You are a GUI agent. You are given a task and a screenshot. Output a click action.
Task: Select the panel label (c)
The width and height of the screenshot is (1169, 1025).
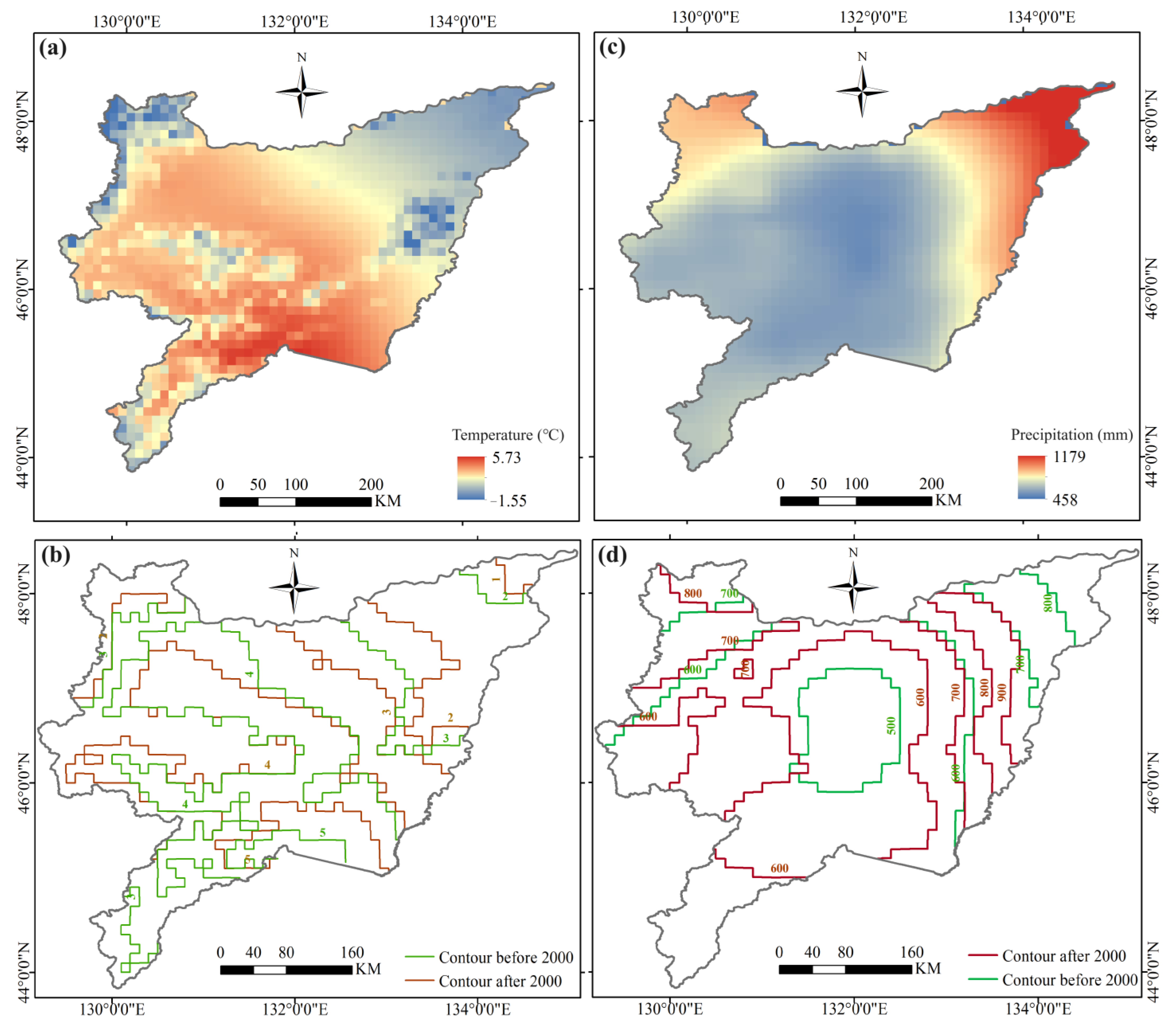(x=612, y=47)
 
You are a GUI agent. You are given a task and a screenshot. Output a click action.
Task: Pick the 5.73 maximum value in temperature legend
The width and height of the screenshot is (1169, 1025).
(x=507, y=458)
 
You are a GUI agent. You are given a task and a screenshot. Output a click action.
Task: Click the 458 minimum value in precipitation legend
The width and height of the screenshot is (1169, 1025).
(x=1065, y=500)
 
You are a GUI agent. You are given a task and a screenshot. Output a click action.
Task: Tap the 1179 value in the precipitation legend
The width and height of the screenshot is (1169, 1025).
(x=1069, y=456)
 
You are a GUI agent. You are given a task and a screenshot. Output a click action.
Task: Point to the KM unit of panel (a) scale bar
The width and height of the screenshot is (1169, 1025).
(x=387, y=501)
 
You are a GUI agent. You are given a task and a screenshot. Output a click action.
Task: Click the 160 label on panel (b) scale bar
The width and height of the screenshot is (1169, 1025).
(x=352, y=952)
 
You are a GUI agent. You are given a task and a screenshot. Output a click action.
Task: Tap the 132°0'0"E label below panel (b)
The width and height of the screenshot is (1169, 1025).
(x=295, y=1009)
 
